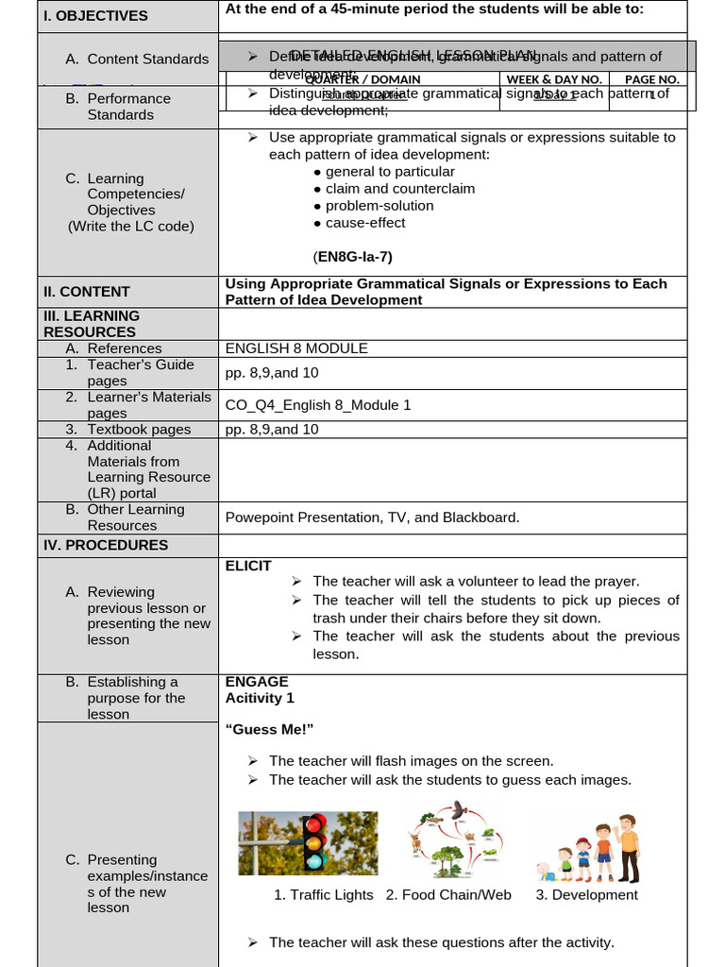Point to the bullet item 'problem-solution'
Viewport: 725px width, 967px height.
[379, 206]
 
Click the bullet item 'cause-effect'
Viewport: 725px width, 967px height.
[364, 223]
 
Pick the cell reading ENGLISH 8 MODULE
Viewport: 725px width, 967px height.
[296, 348]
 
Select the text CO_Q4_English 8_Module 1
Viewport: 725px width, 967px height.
[318, 405]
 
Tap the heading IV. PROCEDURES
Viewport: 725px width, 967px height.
[106, 545]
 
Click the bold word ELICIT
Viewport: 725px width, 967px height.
[248, 566]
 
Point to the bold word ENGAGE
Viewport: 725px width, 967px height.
[257, 682]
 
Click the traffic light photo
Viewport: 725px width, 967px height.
[308, 843]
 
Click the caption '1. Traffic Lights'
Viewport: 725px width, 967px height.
[323, 895]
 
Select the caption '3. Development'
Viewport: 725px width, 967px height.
[586, 895]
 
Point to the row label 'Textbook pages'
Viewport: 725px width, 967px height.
[139, 430]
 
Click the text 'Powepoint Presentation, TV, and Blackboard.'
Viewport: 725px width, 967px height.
[372, 517]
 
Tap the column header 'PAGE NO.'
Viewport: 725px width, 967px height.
[651, 80]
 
